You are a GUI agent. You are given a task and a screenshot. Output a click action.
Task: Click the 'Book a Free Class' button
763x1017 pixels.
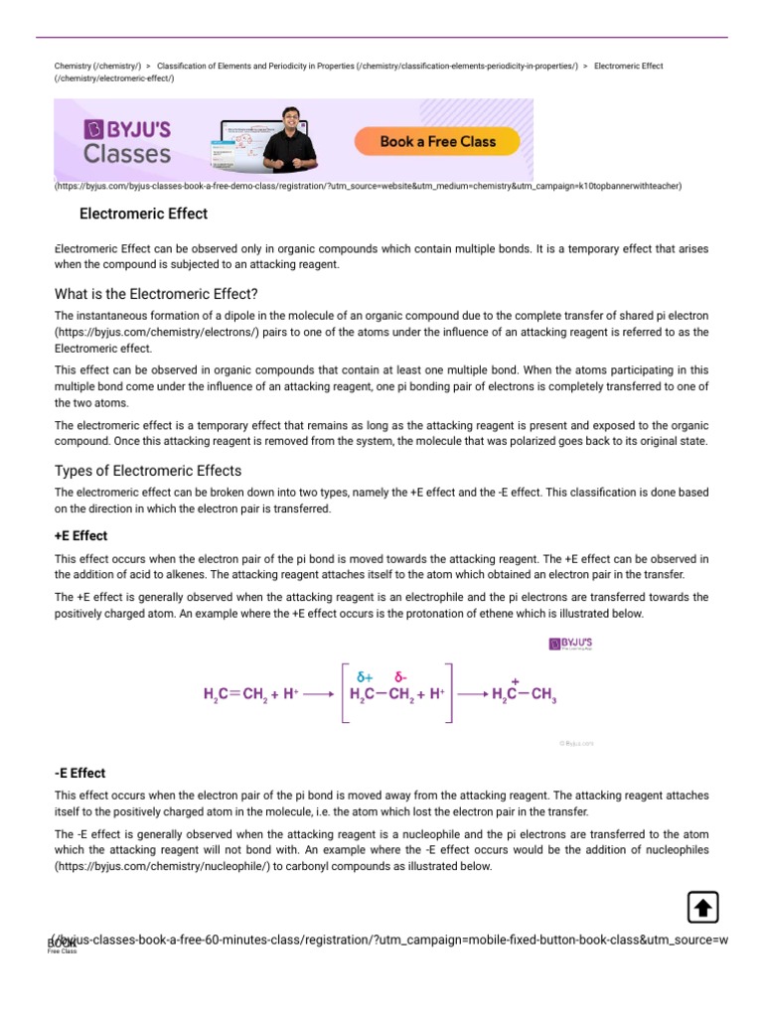(437, 142)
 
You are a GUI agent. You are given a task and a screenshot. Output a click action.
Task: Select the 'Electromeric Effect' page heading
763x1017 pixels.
(143, 214)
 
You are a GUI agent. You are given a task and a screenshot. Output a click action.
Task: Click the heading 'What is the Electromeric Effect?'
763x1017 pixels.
(156, 293)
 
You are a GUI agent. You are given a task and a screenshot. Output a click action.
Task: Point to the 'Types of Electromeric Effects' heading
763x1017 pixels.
(148, 471)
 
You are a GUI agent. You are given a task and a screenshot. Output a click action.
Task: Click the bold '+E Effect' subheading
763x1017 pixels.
(80, 535)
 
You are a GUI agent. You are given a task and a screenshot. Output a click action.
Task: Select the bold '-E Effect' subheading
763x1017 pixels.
(79, 773)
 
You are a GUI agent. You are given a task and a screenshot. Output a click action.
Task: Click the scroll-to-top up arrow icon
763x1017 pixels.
(702, 907)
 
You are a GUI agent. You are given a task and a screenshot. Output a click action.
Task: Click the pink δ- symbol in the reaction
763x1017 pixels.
(401, 677)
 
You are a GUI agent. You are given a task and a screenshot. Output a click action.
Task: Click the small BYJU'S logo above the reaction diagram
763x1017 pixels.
(571, 645)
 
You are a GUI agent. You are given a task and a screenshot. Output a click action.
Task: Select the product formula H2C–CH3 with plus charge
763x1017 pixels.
(524, 695)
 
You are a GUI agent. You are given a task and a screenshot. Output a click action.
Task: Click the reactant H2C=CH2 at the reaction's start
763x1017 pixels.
(234, 695)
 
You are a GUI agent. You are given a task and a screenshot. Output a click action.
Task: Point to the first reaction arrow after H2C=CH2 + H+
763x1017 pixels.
(318, 695)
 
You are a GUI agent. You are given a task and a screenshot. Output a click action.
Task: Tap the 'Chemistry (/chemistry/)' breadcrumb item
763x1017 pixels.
(97, 67)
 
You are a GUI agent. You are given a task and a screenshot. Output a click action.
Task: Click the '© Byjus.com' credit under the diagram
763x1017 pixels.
(575, 742)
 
